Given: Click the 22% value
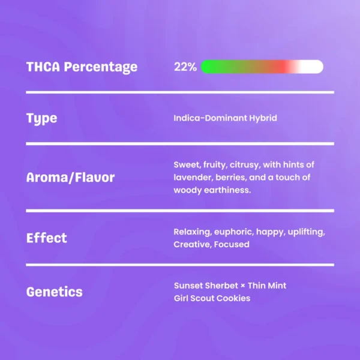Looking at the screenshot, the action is tap(185, 67).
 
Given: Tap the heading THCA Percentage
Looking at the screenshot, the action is tap(82, 67).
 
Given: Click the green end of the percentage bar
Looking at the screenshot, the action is tap(208, 67).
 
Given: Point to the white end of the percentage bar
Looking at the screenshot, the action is tap(316, 67).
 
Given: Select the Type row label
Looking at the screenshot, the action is tap(41, 119).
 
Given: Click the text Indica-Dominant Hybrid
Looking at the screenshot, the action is tap(225, 118).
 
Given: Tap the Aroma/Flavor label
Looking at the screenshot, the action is tap(70, 178).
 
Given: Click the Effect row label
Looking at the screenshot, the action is tap(47, 238).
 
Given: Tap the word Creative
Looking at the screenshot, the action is tap(193, 244).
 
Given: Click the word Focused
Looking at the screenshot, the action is tap(232, 244).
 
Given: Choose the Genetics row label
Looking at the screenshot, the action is tap(55, 292).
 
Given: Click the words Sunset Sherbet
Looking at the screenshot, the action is tap(206, 286).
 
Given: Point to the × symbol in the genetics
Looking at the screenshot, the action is tap(243, 286).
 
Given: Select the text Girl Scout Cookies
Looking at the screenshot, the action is tap(212, 298).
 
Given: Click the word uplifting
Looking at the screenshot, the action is tap(306, 232).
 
